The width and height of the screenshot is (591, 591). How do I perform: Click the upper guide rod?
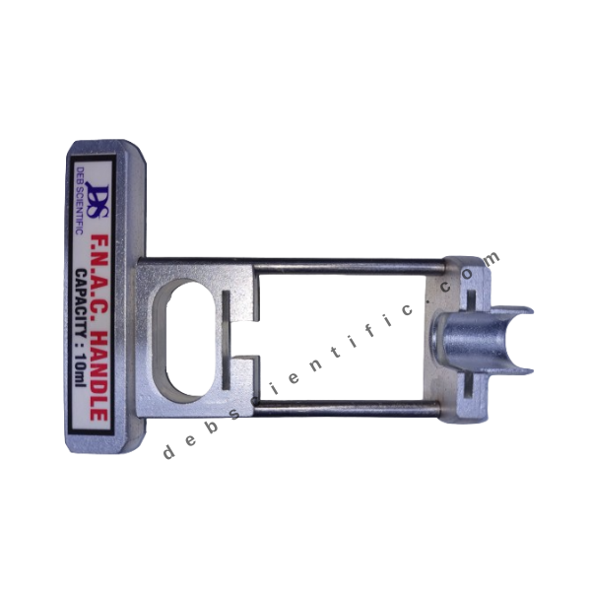[x=295, y=263]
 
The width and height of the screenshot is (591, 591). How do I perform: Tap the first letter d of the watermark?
[x=164, y=452]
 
